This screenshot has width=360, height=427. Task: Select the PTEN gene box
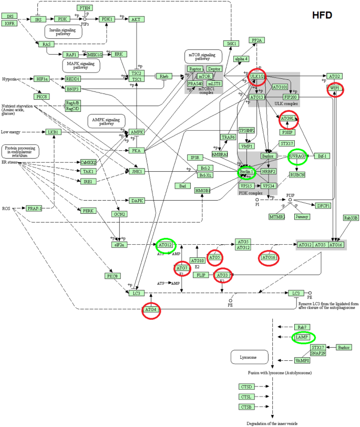[x=85, y=8]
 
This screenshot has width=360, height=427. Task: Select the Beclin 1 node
[x=246, y=172]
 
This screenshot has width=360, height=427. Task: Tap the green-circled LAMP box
[x=302, y=337]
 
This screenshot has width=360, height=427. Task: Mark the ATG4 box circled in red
[x=151, y=310]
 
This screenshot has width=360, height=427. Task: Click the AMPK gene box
[x=137, y=132]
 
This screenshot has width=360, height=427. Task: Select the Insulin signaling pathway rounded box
[x=63, y=31]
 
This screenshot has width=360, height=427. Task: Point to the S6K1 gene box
[x=230, y=44]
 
